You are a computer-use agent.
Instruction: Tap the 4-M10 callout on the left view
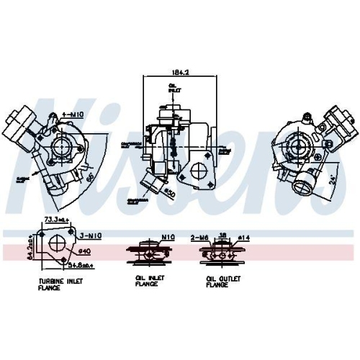point(72,114)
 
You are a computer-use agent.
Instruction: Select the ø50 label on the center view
point(169,194)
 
